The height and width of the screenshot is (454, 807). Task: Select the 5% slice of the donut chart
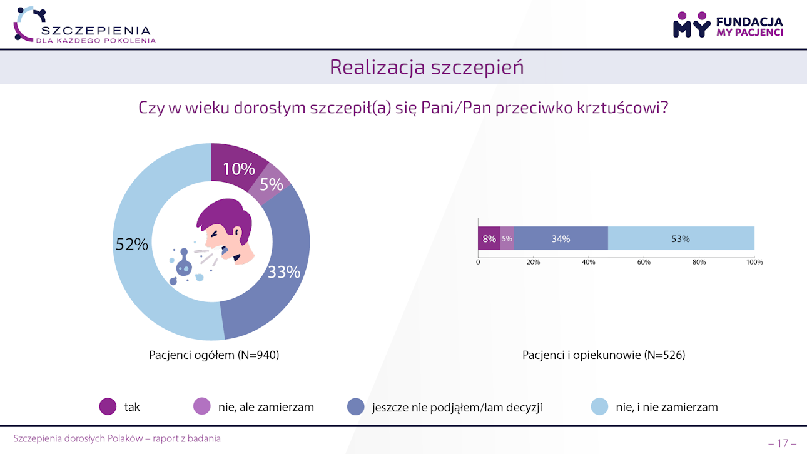tap(272, 183)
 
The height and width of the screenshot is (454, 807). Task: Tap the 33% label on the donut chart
tap(284, 272)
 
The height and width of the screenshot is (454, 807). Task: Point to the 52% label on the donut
tap(132, 245)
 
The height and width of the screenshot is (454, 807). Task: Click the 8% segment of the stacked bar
tap(489, 238)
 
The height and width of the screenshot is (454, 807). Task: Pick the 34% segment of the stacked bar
tap(561, 238)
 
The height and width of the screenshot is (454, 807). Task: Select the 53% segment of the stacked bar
tap(681, 238)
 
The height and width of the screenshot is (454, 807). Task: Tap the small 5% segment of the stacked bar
tap(507, 238)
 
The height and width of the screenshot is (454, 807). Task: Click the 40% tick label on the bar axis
tap(589, 262)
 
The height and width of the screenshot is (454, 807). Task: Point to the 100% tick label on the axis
tap(754, 262)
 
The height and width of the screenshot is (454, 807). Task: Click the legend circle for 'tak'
tap(108, 407)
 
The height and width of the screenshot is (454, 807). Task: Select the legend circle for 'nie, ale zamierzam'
tap(202, 407)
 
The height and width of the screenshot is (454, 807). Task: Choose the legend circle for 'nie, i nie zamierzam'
tap(599, 407)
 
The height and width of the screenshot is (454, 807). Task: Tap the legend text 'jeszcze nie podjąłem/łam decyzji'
tap(457, 408)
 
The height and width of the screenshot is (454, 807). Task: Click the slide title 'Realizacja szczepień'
tap(427, 67)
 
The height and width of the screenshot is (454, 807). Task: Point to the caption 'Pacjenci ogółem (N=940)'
tap(214, 355)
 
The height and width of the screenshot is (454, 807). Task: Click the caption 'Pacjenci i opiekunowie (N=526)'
tap(604, 355)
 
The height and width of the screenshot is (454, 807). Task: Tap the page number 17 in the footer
tap(782, 443)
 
